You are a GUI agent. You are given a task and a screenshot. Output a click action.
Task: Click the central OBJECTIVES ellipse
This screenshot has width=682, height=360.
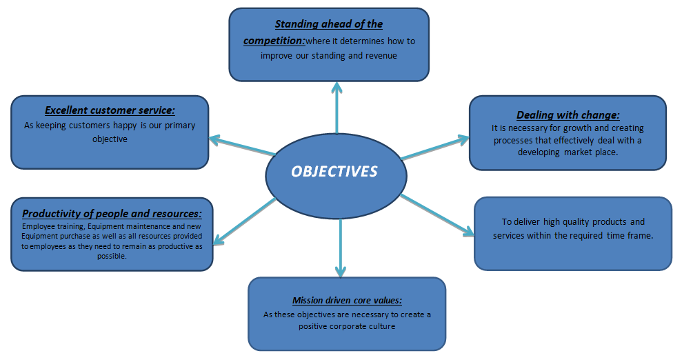pos(334,172)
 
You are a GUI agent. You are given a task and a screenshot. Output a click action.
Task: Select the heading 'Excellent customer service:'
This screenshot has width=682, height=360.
pos(110,110)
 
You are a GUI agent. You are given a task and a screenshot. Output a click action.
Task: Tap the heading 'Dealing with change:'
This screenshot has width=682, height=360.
pos(568,115)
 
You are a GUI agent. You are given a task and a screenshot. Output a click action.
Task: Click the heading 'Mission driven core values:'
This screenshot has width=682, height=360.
pos(347,300)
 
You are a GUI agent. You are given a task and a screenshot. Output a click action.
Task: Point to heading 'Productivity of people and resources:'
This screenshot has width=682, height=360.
pos(112,214)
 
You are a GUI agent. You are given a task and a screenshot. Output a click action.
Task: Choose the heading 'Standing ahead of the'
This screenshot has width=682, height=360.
pos(329,24)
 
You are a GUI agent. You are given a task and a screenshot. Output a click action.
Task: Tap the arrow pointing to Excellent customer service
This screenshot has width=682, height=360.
pos(241,146)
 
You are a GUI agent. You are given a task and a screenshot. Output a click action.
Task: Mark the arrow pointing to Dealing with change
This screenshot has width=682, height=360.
pos(434,148)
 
